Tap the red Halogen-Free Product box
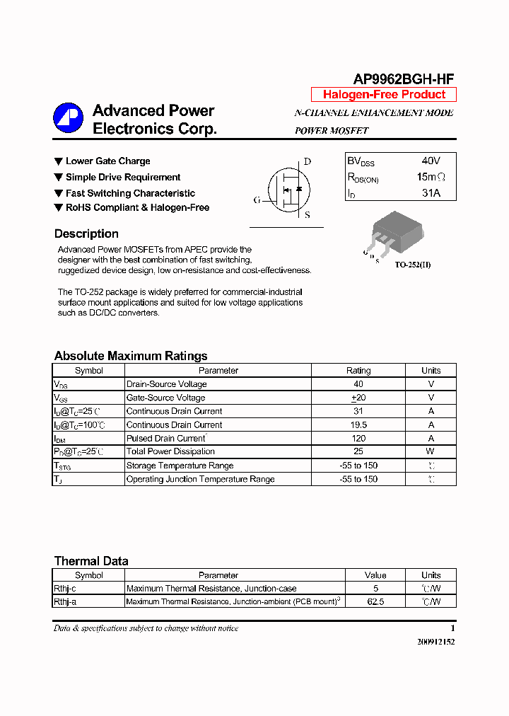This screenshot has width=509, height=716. [384, 95]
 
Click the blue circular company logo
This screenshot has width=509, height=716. [69, 118]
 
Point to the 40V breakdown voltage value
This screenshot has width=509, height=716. [431, 161]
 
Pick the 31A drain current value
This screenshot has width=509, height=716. [431, 192]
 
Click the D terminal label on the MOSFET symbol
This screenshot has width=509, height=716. [308, 161]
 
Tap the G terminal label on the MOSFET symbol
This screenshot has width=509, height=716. [257, 200]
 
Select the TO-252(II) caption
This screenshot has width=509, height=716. [413, 265]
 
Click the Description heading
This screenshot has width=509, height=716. [86, 234]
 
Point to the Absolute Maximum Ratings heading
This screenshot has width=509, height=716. [131, 356]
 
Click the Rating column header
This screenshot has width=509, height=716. [358, 370]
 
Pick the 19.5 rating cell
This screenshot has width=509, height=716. [358, 425]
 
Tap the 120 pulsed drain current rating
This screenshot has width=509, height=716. [358, 438]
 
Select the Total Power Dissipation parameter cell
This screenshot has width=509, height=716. [170, 451]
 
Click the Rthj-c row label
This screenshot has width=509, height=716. [65, 589]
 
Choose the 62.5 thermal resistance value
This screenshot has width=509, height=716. [375, 602]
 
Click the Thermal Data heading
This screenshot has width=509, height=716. [91, 561]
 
